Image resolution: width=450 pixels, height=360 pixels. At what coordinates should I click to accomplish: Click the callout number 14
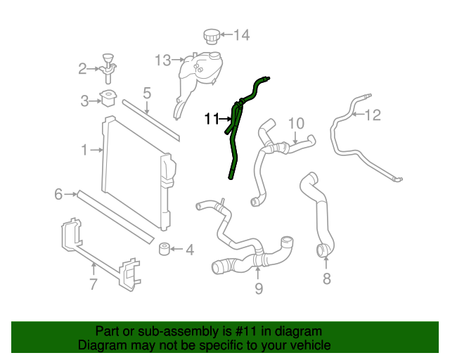241,34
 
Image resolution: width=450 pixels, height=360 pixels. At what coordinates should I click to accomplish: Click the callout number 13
163,60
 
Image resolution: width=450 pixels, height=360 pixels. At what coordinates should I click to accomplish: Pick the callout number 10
295,122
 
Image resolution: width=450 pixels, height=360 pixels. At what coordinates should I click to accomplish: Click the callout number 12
373,115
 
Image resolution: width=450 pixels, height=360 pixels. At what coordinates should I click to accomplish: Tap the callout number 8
326,279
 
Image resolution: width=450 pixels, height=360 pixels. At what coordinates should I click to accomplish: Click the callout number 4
189,250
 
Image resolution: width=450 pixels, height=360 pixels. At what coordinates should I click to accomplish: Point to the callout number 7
94,284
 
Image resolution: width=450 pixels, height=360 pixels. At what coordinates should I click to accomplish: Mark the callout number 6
59,193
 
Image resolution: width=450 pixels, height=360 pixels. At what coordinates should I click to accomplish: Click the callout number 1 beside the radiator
84,149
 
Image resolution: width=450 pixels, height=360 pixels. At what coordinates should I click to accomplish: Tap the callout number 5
147,92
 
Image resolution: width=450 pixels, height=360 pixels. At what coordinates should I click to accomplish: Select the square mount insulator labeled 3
108,99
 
